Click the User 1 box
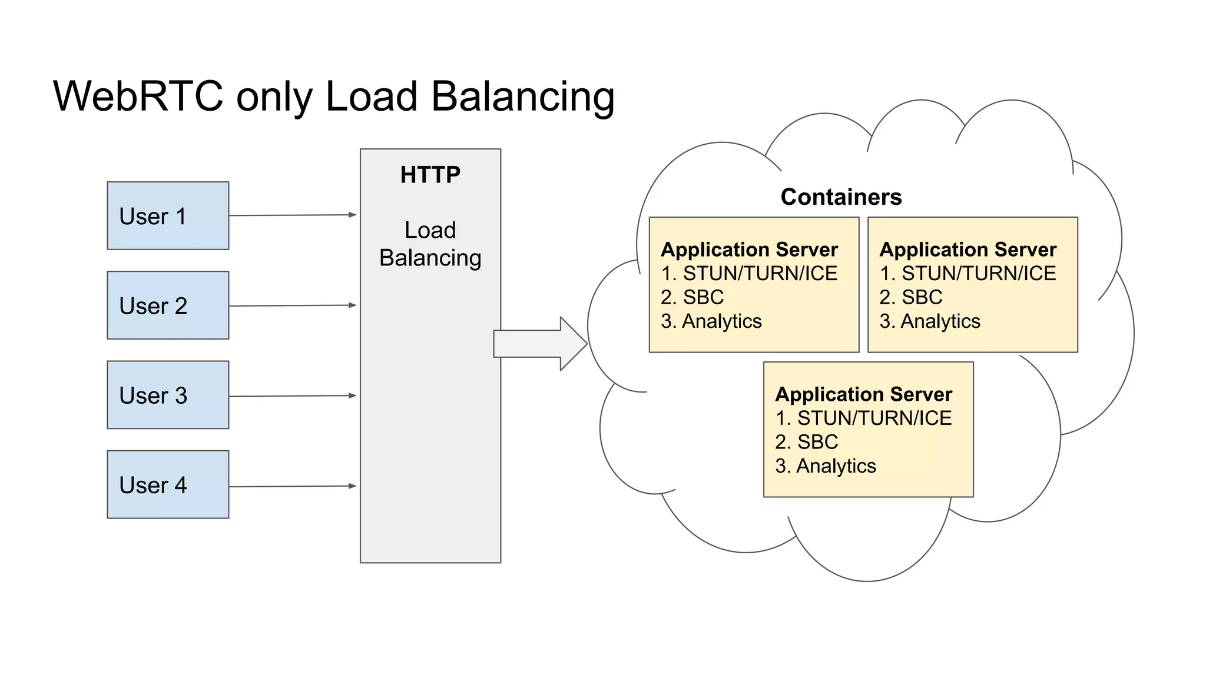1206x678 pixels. (168, 215)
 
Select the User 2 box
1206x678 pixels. (168, 305)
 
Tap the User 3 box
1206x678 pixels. (168, 395)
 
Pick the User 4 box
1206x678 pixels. (168, 484)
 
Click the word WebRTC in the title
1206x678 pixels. (138, 96)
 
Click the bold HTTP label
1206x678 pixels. (430, 175)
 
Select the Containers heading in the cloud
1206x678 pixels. (841, 197)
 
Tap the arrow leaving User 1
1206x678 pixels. (293, 215)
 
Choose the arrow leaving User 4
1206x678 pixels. (293, 486)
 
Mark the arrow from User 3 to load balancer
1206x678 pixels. (293, 396)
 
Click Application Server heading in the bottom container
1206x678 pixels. (863, 394)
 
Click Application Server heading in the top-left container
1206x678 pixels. (749, 250)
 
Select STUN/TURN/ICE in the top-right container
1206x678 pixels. (978, 274)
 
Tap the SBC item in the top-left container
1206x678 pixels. (703, 297)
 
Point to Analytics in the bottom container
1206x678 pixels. (836, 466)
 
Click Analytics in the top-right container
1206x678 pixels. (940, 321)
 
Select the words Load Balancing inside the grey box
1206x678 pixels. (430, 244)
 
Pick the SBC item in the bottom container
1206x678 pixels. (817, 442)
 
